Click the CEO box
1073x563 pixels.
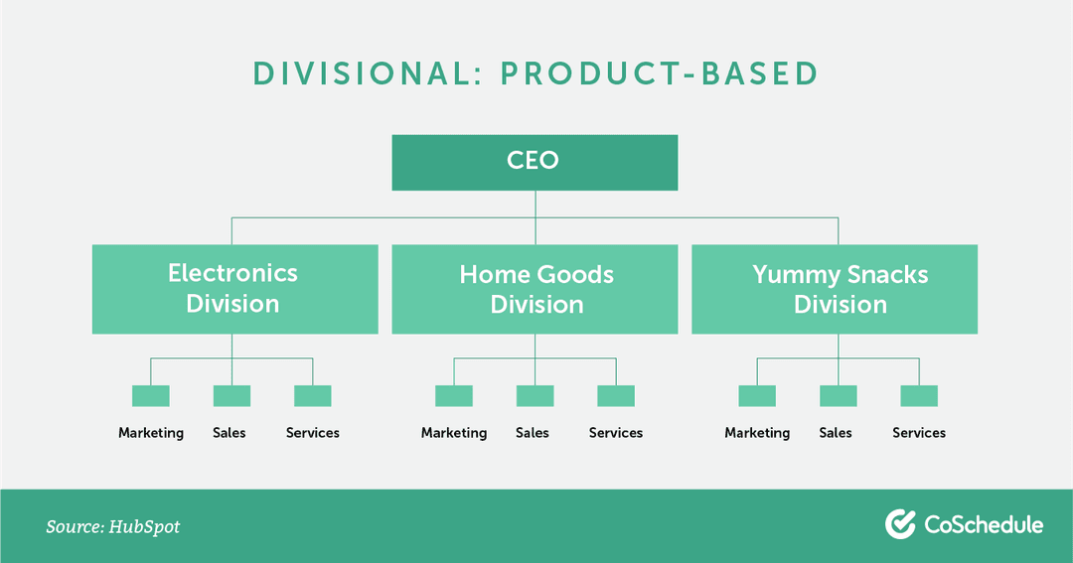[x=535, y=162]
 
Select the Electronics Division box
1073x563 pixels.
[x=234, y=289]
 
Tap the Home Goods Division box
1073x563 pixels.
[x=535, y=289]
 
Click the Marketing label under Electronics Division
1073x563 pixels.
[x=151, y=433]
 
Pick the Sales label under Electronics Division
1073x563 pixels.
[x=230, y=433]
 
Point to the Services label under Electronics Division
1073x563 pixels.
[x=313, y=433]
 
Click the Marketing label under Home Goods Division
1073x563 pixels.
[x=454, y=433]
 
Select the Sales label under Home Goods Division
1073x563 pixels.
[x=533, y=433]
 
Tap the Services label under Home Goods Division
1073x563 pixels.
[x=616, y=433]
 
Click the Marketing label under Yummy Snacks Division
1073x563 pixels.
[x=757, y=433]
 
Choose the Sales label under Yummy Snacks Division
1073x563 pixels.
[x=836, y=433]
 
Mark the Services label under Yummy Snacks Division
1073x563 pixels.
[x=919, y=433]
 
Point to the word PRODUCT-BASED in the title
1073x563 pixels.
[x=660, y=73]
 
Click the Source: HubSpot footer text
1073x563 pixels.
[x=113, y=526]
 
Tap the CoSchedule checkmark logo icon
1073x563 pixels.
[x=900, y=524]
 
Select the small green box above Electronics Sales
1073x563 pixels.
[x=231, y=395]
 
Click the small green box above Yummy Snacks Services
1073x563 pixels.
[x=919, y=395]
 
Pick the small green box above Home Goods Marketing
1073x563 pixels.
[x=454, y=395]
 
